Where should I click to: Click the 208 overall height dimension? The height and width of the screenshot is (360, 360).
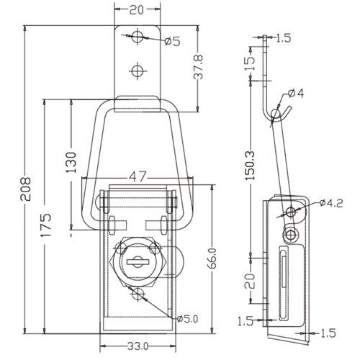pos(25,189)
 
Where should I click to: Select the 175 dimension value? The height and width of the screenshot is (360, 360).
pos(45,225)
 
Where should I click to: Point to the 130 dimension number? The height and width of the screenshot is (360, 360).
pos(71,163)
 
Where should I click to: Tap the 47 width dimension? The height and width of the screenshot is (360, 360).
pos(138,177)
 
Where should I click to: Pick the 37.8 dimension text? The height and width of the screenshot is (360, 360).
pos(198,67)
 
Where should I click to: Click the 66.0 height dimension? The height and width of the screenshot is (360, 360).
pos(212,258)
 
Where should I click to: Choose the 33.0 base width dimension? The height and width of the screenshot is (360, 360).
pos(138,346)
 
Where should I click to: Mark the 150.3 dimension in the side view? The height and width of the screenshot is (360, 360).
pos(251,166)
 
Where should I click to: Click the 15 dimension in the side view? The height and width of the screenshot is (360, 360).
pos(250,63)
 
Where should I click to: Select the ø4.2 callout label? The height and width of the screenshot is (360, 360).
pos(331,203)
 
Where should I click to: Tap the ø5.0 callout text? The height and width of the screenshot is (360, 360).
pos(187,319)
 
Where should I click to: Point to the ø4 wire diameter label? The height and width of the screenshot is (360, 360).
pos(296,94)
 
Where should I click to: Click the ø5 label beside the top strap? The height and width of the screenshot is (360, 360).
pos(172,42)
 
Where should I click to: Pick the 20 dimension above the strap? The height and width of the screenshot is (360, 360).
pos(137,10)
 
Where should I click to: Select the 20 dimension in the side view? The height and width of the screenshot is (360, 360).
pos(250,281)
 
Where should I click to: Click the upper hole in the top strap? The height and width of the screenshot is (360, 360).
pos(138,37)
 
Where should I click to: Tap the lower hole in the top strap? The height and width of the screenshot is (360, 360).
pos(138,71)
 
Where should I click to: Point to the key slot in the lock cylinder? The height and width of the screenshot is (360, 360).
pos(138,261)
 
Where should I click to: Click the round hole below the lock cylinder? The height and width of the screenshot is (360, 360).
pos(138,294)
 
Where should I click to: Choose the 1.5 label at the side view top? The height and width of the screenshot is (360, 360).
pos(284,38)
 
